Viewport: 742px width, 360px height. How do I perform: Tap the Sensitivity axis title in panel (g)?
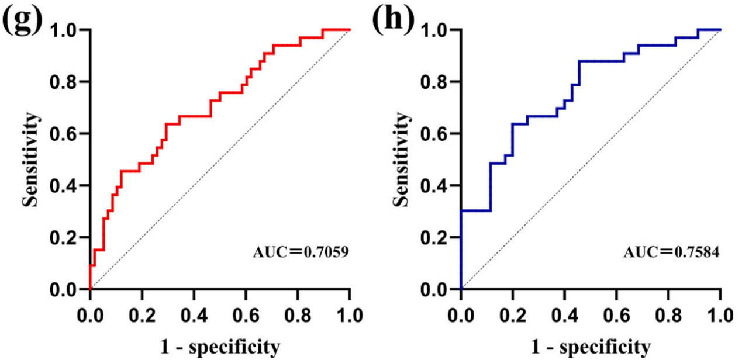32,159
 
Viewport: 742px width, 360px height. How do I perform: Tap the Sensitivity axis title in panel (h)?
402,159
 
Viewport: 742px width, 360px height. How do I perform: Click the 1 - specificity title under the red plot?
220,347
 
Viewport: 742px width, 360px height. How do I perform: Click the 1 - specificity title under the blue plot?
591,347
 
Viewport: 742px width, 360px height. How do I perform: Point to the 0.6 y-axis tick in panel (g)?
66,134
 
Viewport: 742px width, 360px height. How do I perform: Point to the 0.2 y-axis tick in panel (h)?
437,238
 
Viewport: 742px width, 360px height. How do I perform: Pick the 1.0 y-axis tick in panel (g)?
66,30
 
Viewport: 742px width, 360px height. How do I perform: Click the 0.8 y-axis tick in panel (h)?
437,82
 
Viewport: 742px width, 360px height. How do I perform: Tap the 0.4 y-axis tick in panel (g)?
66,186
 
